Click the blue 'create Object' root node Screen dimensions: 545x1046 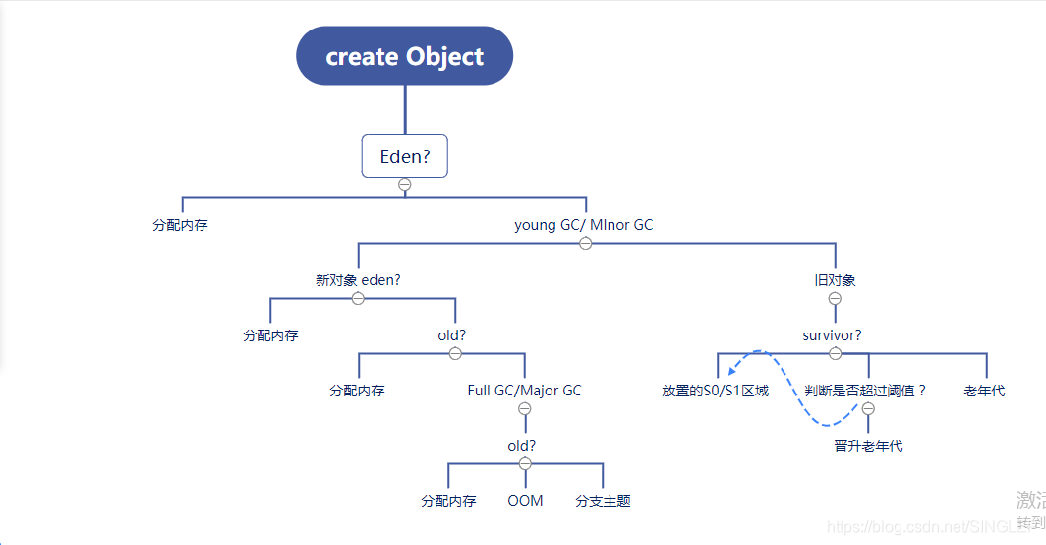404,56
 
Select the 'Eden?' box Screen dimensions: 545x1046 404,155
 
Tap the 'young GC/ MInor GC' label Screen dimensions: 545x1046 583,225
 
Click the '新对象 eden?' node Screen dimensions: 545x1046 358,280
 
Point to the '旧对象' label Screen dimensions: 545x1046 835,280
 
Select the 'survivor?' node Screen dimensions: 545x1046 832,335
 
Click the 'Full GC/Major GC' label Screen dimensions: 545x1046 524,391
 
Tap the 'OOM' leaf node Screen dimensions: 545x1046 525,501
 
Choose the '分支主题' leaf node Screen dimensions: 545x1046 603,501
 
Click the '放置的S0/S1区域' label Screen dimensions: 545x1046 715,391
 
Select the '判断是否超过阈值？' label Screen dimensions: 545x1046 865,391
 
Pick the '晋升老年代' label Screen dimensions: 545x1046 868,446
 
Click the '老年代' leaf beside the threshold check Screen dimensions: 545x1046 984,391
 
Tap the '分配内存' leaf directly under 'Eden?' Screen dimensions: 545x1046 180,225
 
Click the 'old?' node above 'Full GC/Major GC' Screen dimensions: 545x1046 452,335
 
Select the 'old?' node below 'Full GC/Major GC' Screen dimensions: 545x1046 522,446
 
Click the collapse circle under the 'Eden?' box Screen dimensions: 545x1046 404,184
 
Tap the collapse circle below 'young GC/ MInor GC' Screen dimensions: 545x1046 586,243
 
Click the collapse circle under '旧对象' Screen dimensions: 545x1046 835,298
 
